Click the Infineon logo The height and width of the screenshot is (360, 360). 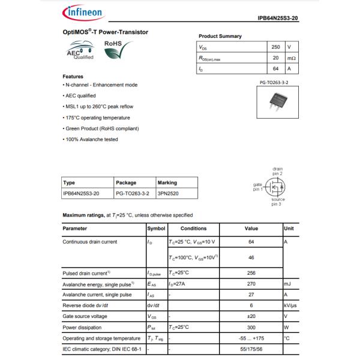tap(82, 12)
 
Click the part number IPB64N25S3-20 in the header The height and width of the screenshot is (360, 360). tap(278, 19)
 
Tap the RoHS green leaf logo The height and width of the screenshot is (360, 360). tap(116, 50)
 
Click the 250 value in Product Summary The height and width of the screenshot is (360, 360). tap(275, 47)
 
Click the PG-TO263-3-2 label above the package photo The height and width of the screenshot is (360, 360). tap(274, 81)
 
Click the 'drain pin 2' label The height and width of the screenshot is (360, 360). tap(277, 171)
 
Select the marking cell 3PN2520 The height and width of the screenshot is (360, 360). tap(169, 194)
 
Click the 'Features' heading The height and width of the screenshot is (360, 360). tap(73, 76)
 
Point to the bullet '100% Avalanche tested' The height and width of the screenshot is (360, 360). tap(91, 139)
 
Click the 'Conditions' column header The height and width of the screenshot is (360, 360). tap(193, 229)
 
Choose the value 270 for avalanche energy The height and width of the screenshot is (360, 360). tap(251, 284)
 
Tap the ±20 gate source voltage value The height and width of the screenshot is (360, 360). tap(251, 316)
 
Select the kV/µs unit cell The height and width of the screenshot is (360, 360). tap(290, 305)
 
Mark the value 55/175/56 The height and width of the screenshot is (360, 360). tap(251, 349)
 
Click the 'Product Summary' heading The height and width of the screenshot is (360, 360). tap(220, 36)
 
